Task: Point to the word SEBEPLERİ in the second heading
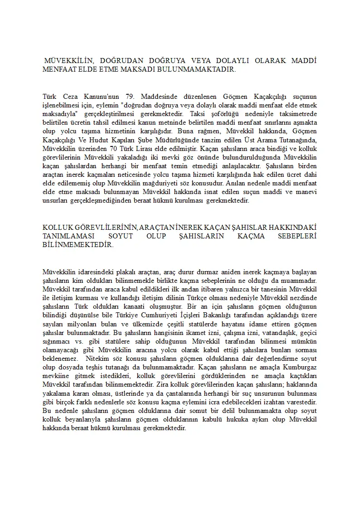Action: coord(297,236)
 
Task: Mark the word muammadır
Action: coord(300,280)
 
